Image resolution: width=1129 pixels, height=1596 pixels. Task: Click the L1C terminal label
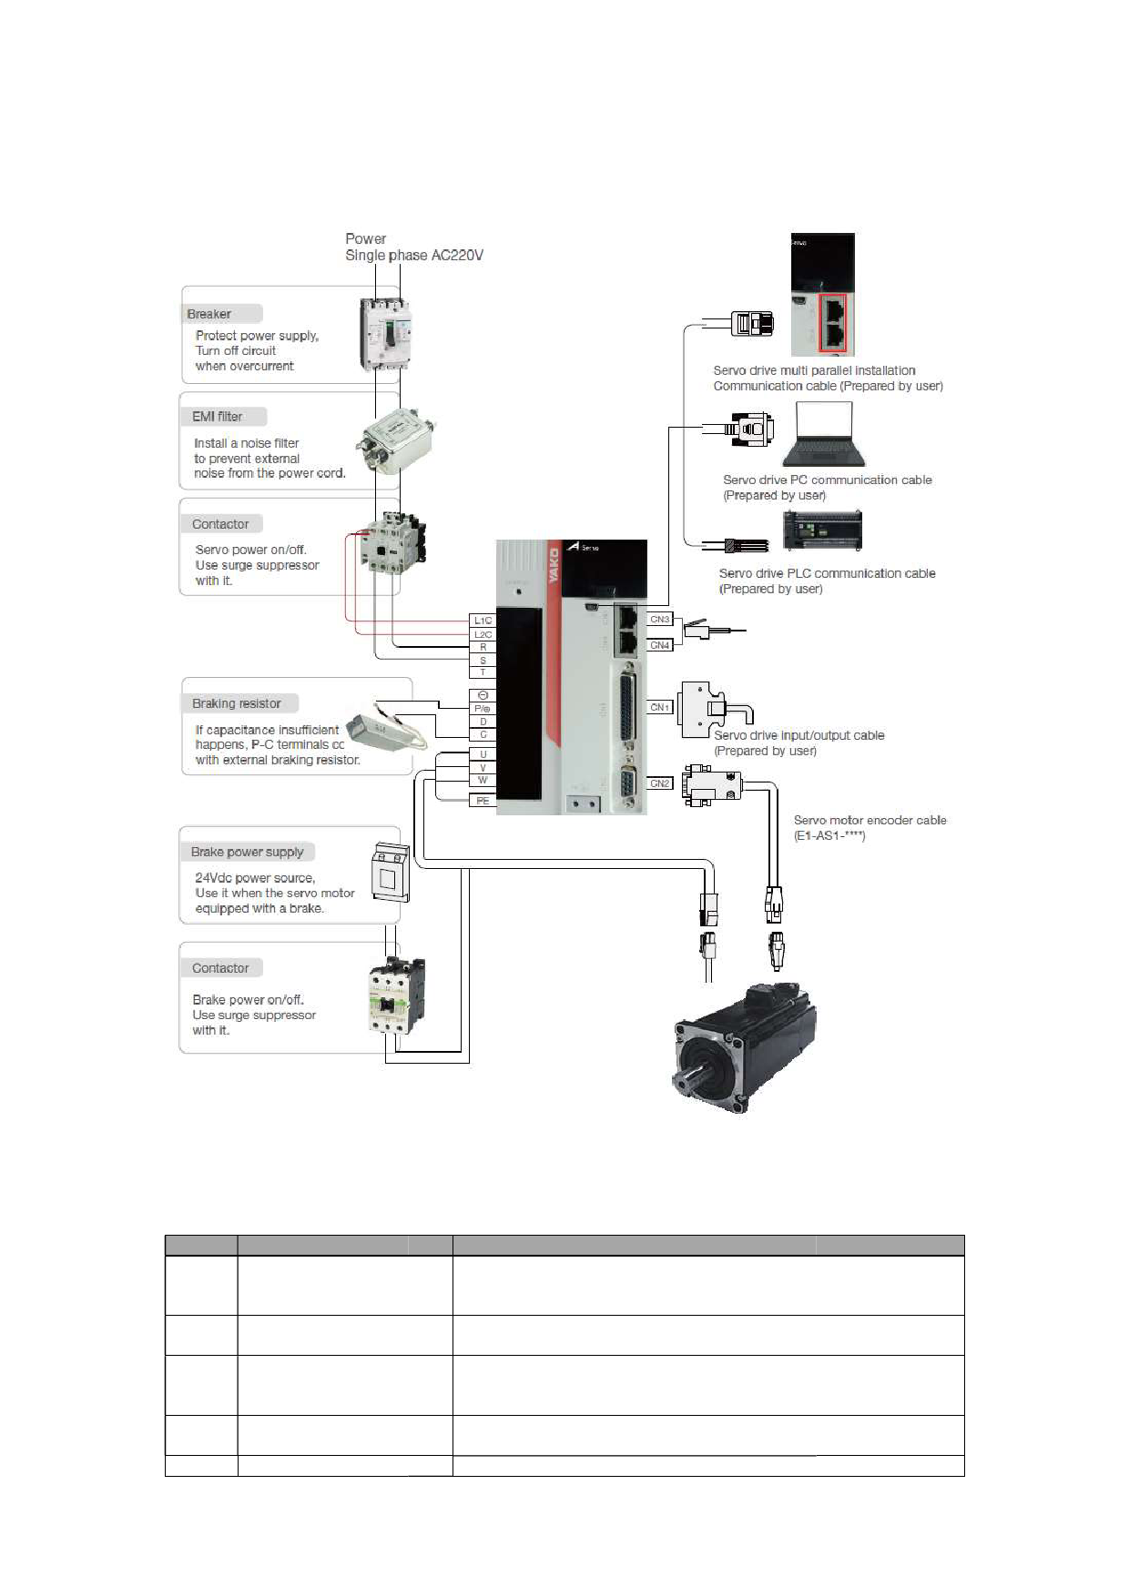pyautogui.click(x=483, y=621)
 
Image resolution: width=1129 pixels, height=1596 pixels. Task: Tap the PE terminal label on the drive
pyautogui.click(x=483, y=801)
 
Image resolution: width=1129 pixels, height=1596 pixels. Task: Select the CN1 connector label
pyautogui.click(x=660, y=707)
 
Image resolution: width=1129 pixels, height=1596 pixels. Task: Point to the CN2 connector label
pyautogui.click(x=660, y=783)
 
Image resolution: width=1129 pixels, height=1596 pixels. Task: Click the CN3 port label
pyautogui.click(x=660, y=620)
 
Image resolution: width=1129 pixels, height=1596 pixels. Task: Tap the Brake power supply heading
pyautogui.click(x=248, y=852)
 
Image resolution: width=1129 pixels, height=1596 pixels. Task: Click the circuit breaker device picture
pyautogui.click(x=385, y=334)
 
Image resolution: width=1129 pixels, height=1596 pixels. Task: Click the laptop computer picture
pyautogui.click(x=824, y=435)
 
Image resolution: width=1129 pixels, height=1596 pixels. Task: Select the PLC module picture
pyautogui.click(x=822, y=530)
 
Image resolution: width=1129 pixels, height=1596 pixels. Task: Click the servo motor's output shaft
pyautogui.click(x=689, y=1082)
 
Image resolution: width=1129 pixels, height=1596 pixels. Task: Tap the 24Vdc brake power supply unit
pyautogui.click(x=391, y=873)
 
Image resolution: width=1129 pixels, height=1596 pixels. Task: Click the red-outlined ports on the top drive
pyautogui.click(x=833, y=323)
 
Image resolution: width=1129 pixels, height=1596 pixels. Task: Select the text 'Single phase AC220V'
pyautogui.click(x=414, y=256)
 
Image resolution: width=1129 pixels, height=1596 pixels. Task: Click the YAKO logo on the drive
pyautogui.click(x=553, y=566)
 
